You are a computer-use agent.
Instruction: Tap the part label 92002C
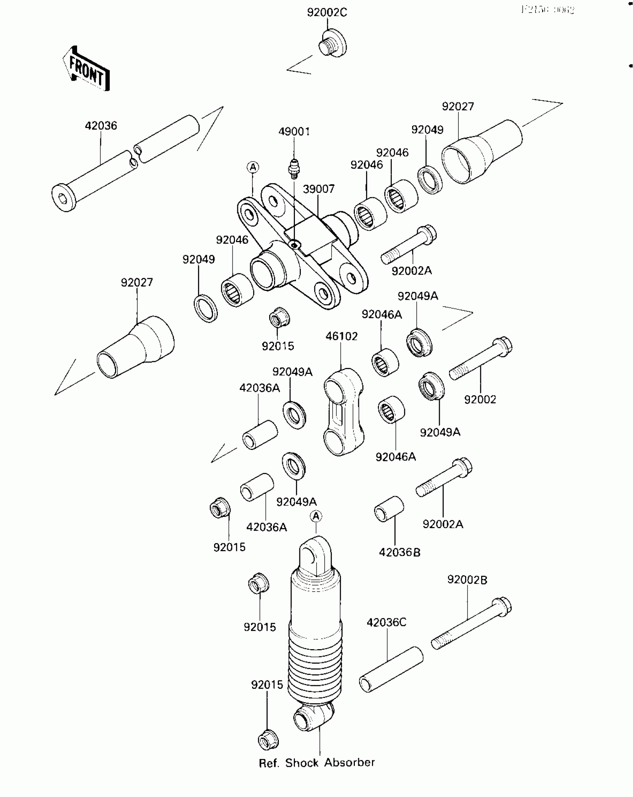(x=327, y=13)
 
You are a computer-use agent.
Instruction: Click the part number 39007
(x=318, y=189)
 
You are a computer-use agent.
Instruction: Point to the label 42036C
(x=387, y=622)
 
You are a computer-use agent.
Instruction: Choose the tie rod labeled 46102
(x=343, y=412)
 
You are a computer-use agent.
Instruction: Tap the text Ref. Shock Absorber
(x=316, y=763)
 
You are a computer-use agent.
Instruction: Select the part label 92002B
(x=467, y=580)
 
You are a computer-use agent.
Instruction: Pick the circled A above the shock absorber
(x=316, y=516)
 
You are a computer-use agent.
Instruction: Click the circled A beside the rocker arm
(x=253, y=167)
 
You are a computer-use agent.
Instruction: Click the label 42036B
(x=400, y=552)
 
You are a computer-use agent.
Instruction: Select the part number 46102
(x=341, y=336)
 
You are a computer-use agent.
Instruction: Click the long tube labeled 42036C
(x=391, y=669)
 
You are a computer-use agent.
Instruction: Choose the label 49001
(x=294, y=131)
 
